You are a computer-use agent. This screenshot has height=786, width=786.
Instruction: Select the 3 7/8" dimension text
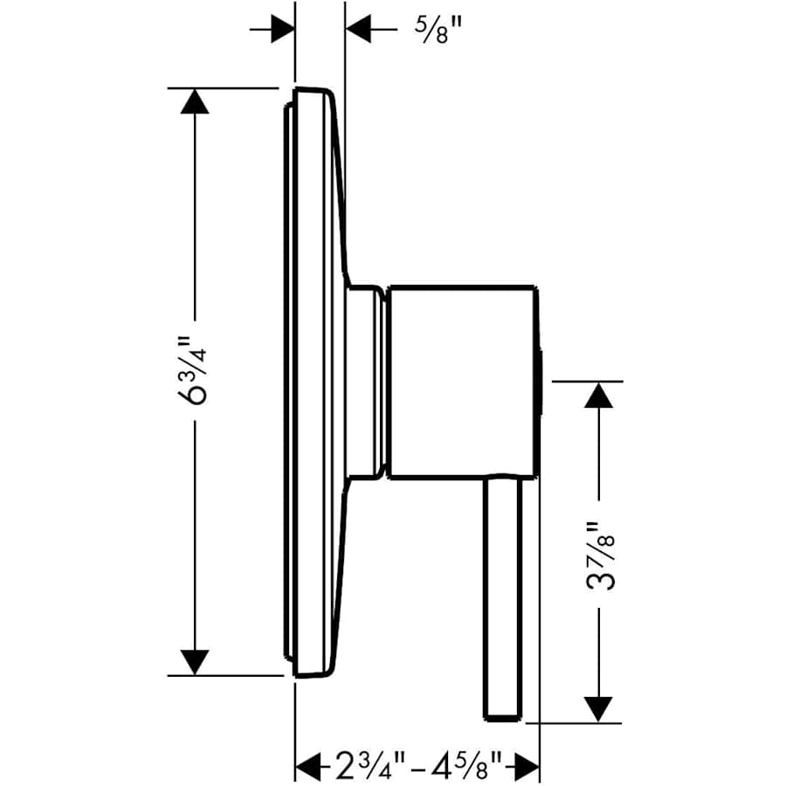tap(599, 557)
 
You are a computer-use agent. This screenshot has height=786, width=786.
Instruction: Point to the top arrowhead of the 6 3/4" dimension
tap(195, 101)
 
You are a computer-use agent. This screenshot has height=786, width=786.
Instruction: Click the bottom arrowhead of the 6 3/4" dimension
tap(195, 661)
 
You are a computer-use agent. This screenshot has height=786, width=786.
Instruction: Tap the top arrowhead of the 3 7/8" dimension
tap(598, 396)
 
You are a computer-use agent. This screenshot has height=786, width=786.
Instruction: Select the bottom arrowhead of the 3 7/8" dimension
tap(598, 707)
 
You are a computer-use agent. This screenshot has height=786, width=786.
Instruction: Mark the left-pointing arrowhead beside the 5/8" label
tap(359, 30)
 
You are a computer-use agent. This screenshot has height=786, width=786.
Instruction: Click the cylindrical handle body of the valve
tap(460, 382)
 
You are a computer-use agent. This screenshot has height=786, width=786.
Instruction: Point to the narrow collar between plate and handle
tap(365, 382)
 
